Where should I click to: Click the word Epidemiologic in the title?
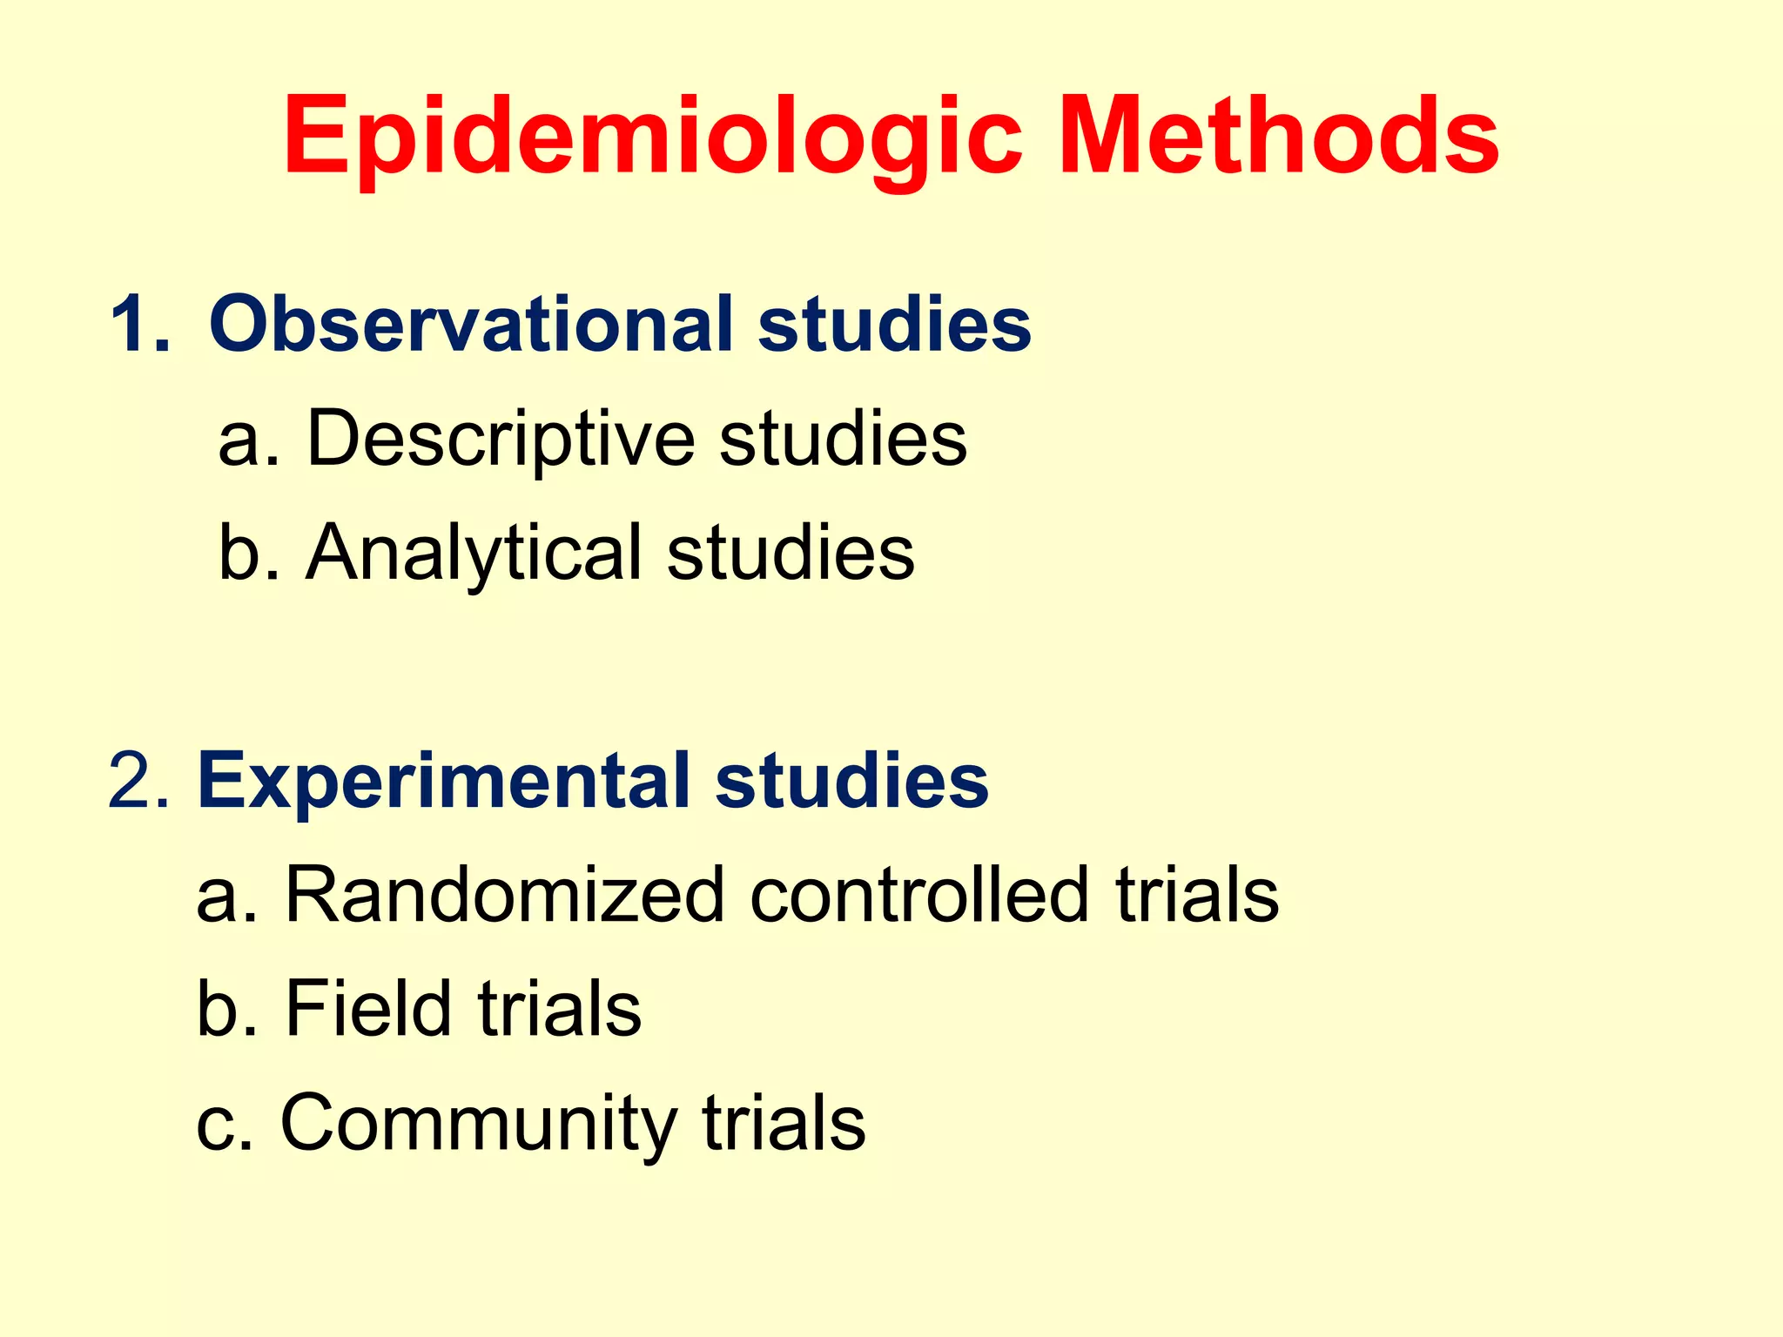point(652,139)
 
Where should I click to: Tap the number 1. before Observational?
point(140,324)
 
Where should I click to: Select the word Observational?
point(471,324)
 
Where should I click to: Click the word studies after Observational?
point(894,324)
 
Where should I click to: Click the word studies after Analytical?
point(791,553)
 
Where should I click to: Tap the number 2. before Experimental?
point(139,781)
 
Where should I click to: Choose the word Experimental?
point(444,781)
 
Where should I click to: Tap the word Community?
point(478,1125)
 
